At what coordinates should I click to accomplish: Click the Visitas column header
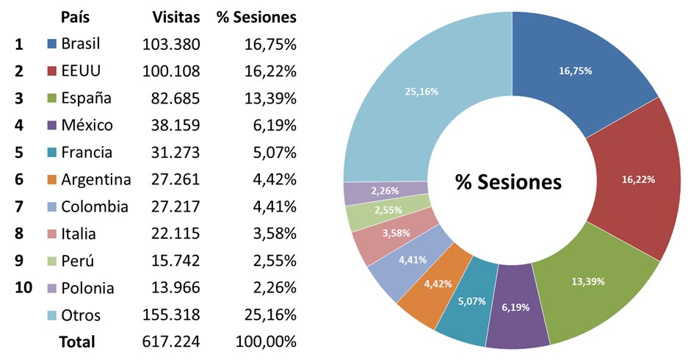click(x=176, y=17)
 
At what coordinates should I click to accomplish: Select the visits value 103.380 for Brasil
click(x=171, y=44)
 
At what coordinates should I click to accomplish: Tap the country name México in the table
click(x=87, y=126)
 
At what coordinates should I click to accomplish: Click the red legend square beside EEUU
click(x=51, y=71)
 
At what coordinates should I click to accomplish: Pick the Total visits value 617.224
click(x=171, y=342)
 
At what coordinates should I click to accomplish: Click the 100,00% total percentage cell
click(x=266, y=342)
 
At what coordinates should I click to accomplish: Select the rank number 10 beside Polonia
click(x=23, y=287)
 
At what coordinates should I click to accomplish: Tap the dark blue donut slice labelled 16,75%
click(x=574, y=71)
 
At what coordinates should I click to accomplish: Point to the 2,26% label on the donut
click(x=385, y=191)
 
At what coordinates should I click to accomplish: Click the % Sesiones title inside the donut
click(x=508, y=182)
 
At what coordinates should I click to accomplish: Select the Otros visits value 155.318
click(x=171, y=315)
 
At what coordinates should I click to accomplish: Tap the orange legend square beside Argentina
click(x=51, y=180)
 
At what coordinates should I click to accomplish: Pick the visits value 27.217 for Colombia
click(x=171, y=206)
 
